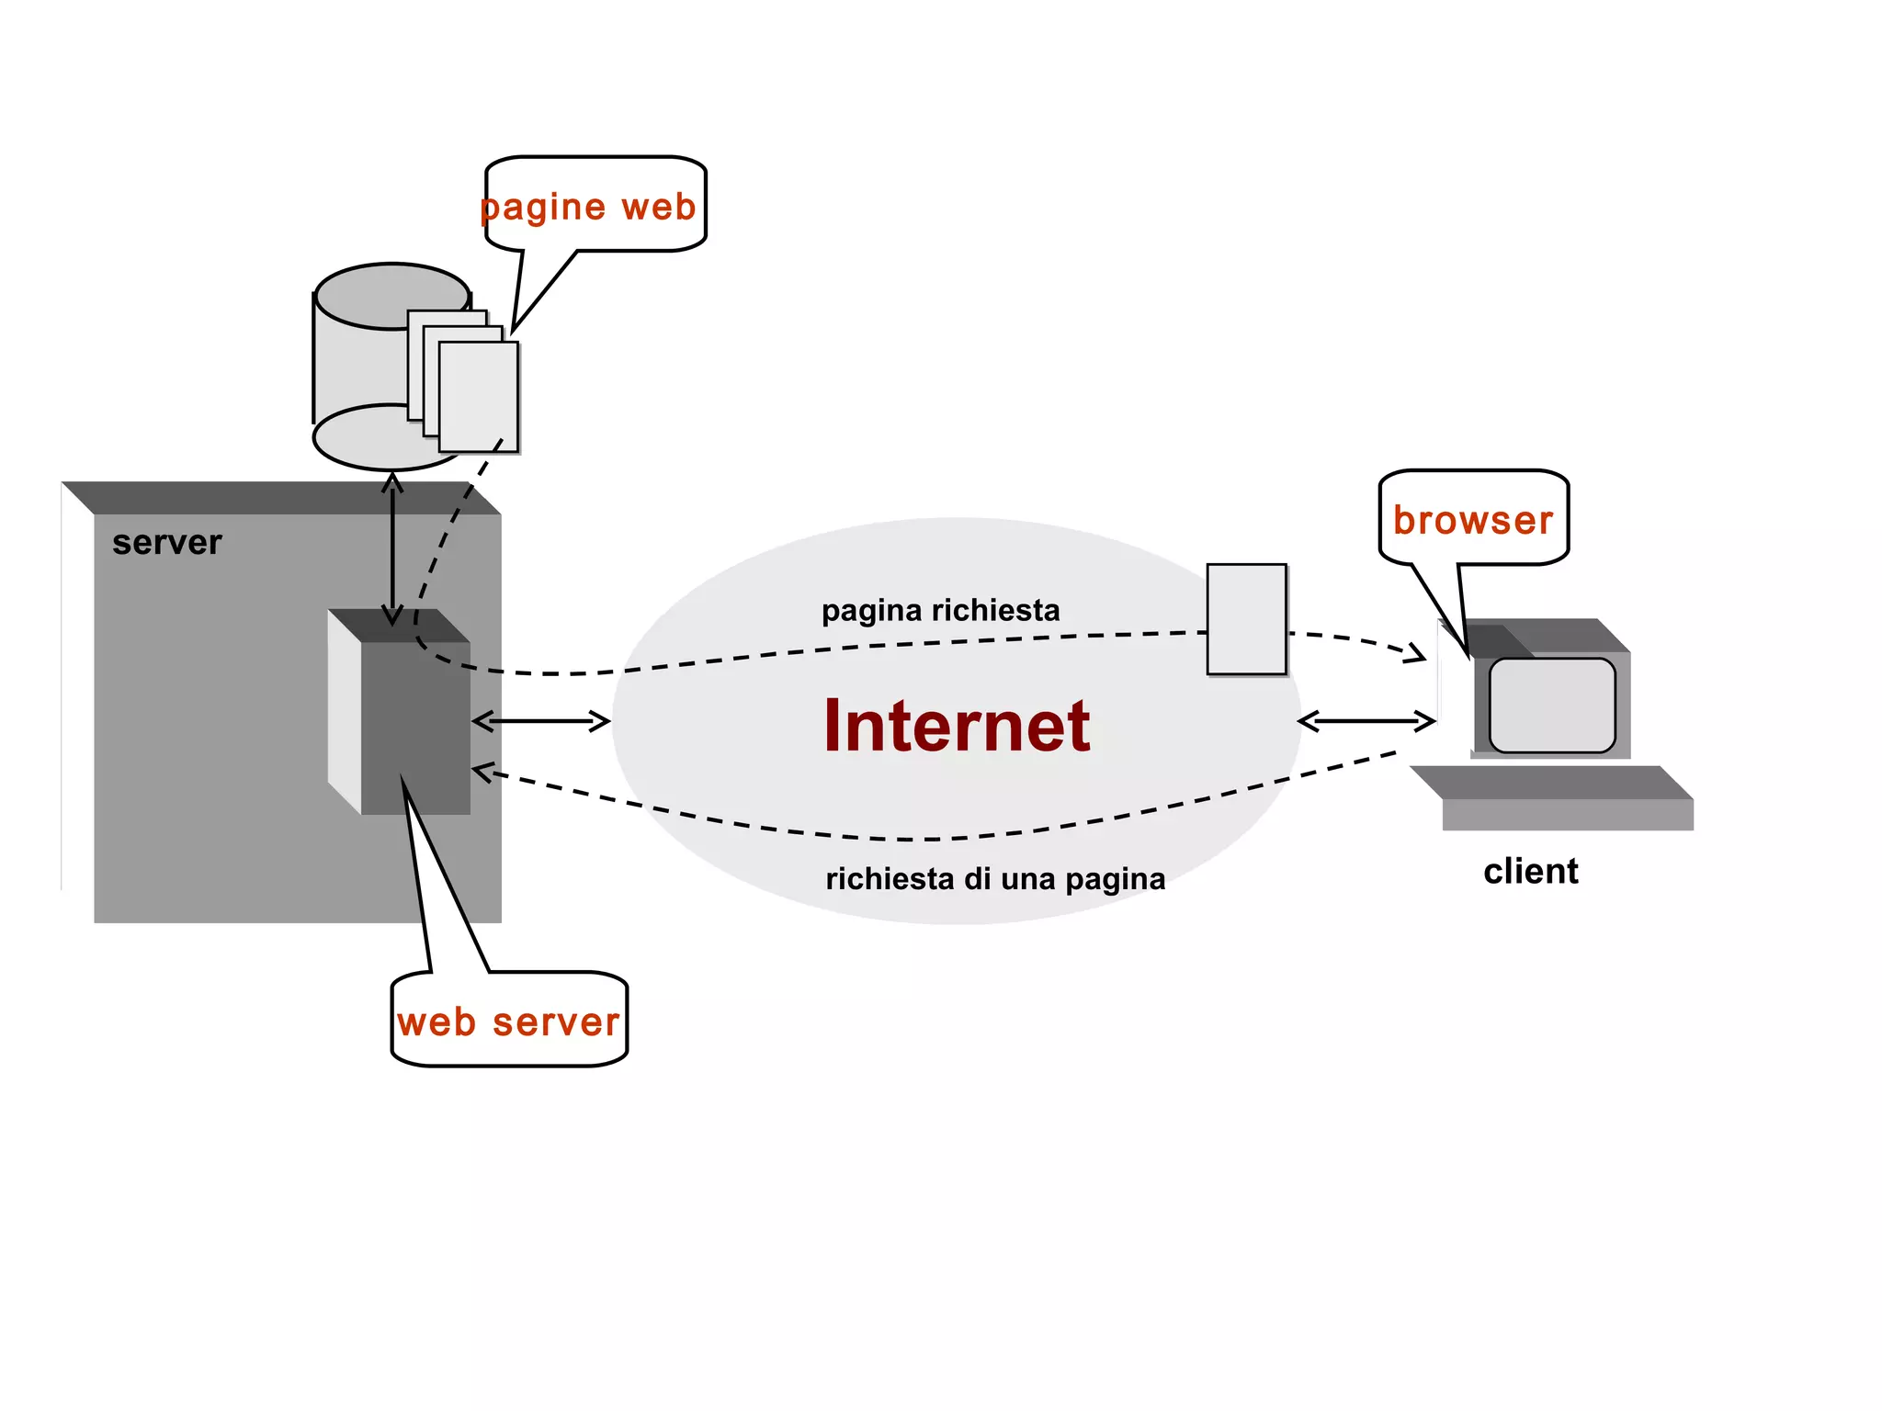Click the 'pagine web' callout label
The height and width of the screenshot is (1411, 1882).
tap(588, 207)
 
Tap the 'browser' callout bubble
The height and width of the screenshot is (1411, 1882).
tap(1473, 519)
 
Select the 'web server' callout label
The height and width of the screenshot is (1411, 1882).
tap(508, 1022)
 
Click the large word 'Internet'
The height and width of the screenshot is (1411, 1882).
tap(956, 726)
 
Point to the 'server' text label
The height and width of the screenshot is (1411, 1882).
tap(167, 542)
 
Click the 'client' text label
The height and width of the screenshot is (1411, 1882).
tap(1530, 871)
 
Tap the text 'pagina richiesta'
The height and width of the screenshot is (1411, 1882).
tap(940, 610)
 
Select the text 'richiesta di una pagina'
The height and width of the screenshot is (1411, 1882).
tap(995, 878)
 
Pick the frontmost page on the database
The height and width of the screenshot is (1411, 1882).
tap(479, 397)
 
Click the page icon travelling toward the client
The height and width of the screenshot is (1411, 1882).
tap(1246, 619)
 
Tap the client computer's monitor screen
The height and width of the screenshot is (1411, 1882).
tap(1551, 705)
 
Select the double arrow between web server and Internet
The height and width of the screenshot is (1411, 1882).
tap(541, 721)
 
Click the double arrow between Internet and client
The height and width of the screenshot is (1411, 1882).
tap(1366, 721)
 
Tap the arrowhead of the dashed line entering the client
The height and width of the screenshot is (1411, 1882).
tap(1416, 654)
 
